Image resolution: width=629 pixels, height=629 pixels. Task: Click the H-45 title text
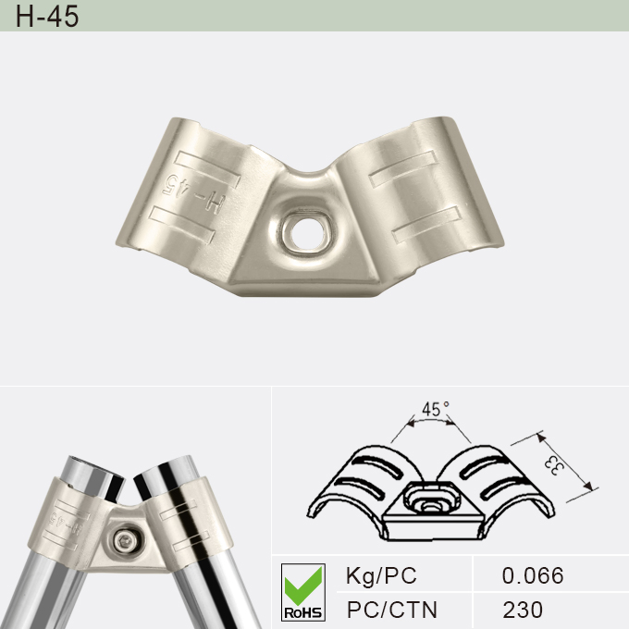point(46,17)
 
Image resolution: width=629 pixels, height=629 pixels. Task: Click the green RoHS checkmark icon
point(302,582)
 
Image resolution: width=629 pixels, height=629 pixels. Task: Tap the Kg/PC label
point(380,575)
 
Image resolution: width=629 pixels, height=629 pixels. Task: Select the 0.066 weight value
point(532,575)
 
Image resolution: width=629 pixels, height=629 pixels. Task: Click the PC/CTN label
point(391,610)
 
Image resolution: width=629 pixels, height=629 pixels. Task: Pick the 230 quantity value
point(523,610)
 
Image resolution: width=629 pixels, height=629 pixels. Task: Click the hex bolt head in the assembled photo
point(128,537)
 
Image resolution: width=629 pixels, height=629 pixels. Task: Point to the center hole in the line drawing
point(428,503)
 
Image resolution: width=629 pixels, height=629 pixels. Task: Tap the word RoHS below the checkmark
point(302,611)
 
